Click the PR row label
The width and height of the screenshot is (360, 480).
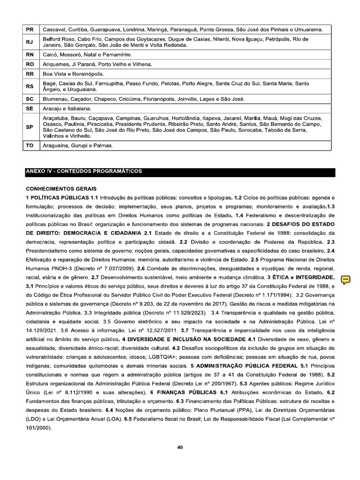tap(30, 30)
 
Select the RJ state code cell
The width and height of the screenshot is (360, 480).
tap(30, 42)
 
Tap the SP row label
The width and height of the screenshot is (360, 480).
tap(30, 127)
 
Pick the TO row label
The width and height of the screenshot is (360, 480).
tap(30, 146)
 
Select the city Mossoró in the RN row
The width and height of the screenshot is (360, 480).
tap(70, 55)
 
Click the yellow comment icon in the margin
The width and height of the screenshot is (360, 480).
tap(345, 280)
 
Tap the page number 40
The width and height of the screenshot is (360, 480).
tap(180, 447)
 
